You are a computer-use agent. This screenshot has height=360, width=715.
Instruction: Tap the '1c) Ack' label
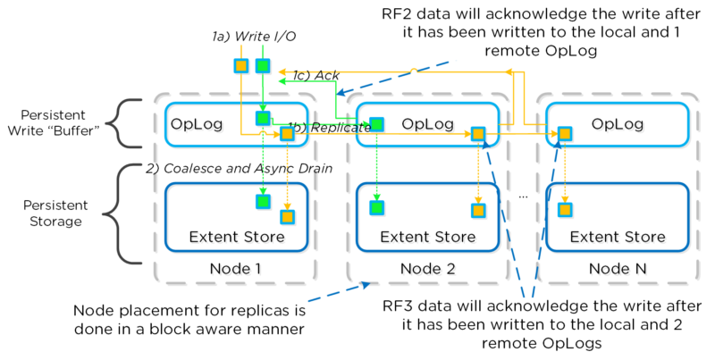coord(314,76)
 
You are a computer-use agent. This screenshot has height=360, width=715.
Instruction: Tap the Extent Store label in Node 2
coord(427,237)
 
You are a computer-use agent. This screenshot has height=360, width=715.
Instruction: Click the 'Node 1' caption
coord(235,268)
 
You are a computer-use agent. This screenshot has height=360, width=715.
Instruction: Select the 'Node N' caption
coord(617,268)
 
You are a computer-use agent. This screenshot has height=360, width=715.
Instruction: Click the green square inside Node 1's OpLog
coord(263,119)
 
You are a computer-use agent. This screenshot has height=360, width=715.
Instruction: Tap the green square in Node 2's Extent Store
coord(376,207)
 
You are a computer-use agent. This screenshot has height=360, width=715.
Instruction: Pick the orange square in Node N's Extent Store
coord(565,210)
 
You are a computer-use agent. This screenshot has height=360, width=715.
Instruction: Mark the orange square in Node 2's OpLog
coord(479,134)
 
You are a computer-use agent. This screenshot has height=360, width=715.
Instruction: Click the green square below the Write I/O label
coord(263,65)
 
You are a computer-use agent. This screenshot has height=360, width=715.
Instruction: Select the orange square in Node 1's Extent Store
coord(286,215)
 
